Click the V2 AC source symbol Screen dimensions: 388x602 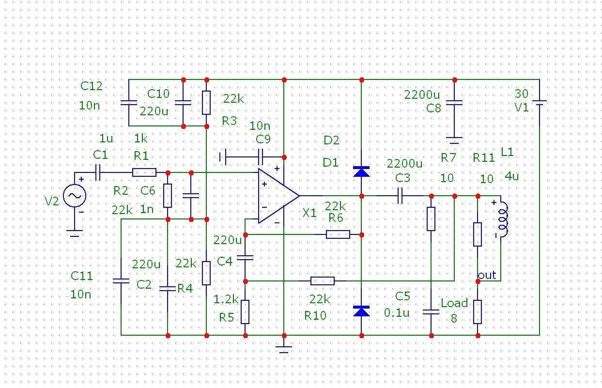tap(75, 196)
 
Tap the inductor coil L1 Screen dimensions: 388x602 tap(502, 219)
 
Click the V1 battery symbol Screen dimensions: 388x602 tap(539, 102)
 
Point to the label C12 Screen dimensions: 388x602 tap(91, 86)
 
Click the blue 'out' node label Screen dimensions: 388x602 tap(487, 275)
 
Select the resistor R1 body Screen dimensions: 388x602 tap(144, 172)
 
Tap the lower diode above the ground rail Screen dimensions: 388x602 tap(361, 311)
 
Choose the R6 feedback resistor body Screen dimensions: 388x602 tap(338, 234)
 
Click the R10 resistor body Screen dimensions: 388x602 tap(322, 281)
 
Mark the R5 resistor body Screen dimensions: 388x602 tap(245, 311)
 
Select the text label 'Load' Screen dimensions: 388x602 tap(454, 304)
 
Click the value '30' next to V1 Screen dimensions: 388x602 tap(522, 94)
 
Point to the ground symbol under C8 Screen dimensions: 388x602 tap(454, 141)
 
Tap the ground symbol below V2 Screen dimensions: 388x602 tap(75, 235)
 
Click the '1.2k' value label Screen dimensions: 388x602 tap(226, 299)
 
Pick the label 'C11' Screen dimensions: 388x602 tap(81, 276)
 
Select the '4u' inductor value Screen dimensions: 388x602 tap(511, 176)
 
